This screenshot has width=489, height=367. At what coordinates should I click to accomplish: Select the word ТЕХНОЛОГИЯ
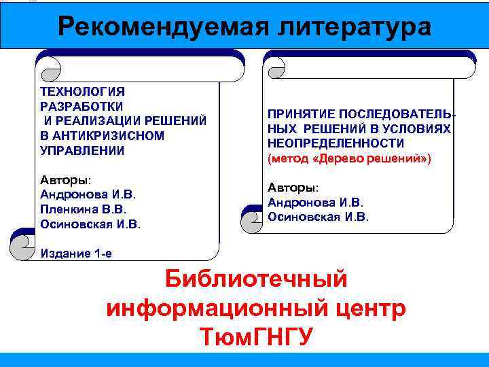click(x=83, y=91)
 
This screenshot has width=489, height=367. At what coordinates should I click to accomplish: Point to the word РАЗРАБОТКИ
click(x=82, y=106)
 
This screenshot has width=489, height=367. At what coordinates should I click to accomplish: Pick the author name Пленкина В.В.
click(x=84, y=209)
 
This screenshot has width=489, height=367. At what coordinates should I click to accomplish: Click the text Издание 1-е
click(x=77, y=254)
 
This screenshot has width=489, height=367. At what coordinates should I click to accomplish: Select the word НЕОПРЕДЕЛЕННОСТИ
click(x=336, y=143)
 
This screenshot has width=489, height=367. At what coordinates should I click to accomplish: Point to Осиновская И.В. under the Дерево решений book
click(x=319, y=217)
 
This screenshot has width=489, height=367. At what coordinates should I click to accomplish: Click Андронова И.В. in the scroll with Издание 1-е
click(x=88, y=195)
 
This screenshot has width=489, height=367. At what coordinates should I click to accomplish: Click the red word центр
click(x=369, y=308)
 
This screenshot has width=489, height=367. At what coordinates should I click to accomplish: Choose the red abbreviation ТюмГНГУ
click(x=256, y=336)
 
